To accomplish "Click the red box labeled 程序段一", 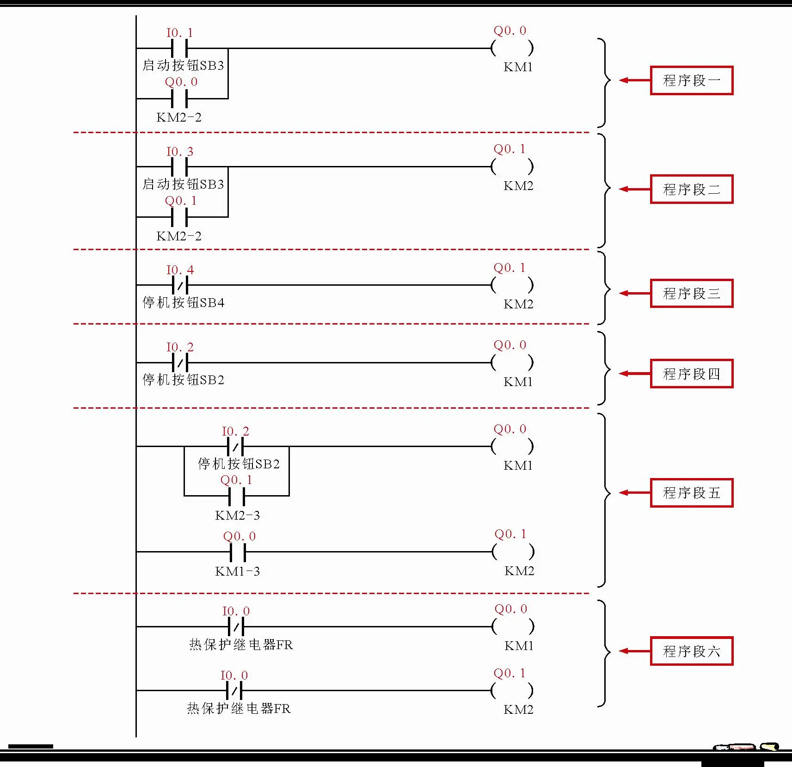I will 691,80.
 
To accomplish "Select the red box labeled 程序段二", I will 691,189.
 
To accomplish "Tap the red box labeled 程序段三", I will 691,293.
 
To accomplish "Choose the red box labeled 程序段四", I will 691,374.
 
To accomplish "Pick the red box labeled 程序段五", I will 691,493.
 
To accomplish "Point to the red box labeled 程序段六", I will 691,651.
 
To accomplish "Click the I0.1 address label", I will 179,33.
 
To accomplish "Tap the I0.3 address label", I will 179,152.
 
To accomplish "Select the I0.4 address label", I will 180,270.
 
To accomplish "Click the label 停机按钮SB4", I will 184,303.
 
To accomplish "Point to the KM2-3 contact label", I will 237,515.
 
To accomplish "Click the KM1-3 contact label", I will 237,571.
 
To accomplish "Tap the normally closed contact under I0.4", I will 180,285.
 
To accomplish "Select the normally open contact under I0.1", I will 179,48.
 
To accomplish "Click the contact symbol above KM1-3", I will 238,552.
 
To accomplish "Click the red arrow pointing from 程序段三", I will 634,293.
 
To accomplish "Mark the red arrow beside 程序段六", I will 634,651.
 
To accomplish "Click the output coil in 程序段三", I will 512,285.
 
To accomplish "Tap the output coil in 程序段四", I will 512,362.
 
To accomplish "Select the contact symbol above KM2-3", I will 236,496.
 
